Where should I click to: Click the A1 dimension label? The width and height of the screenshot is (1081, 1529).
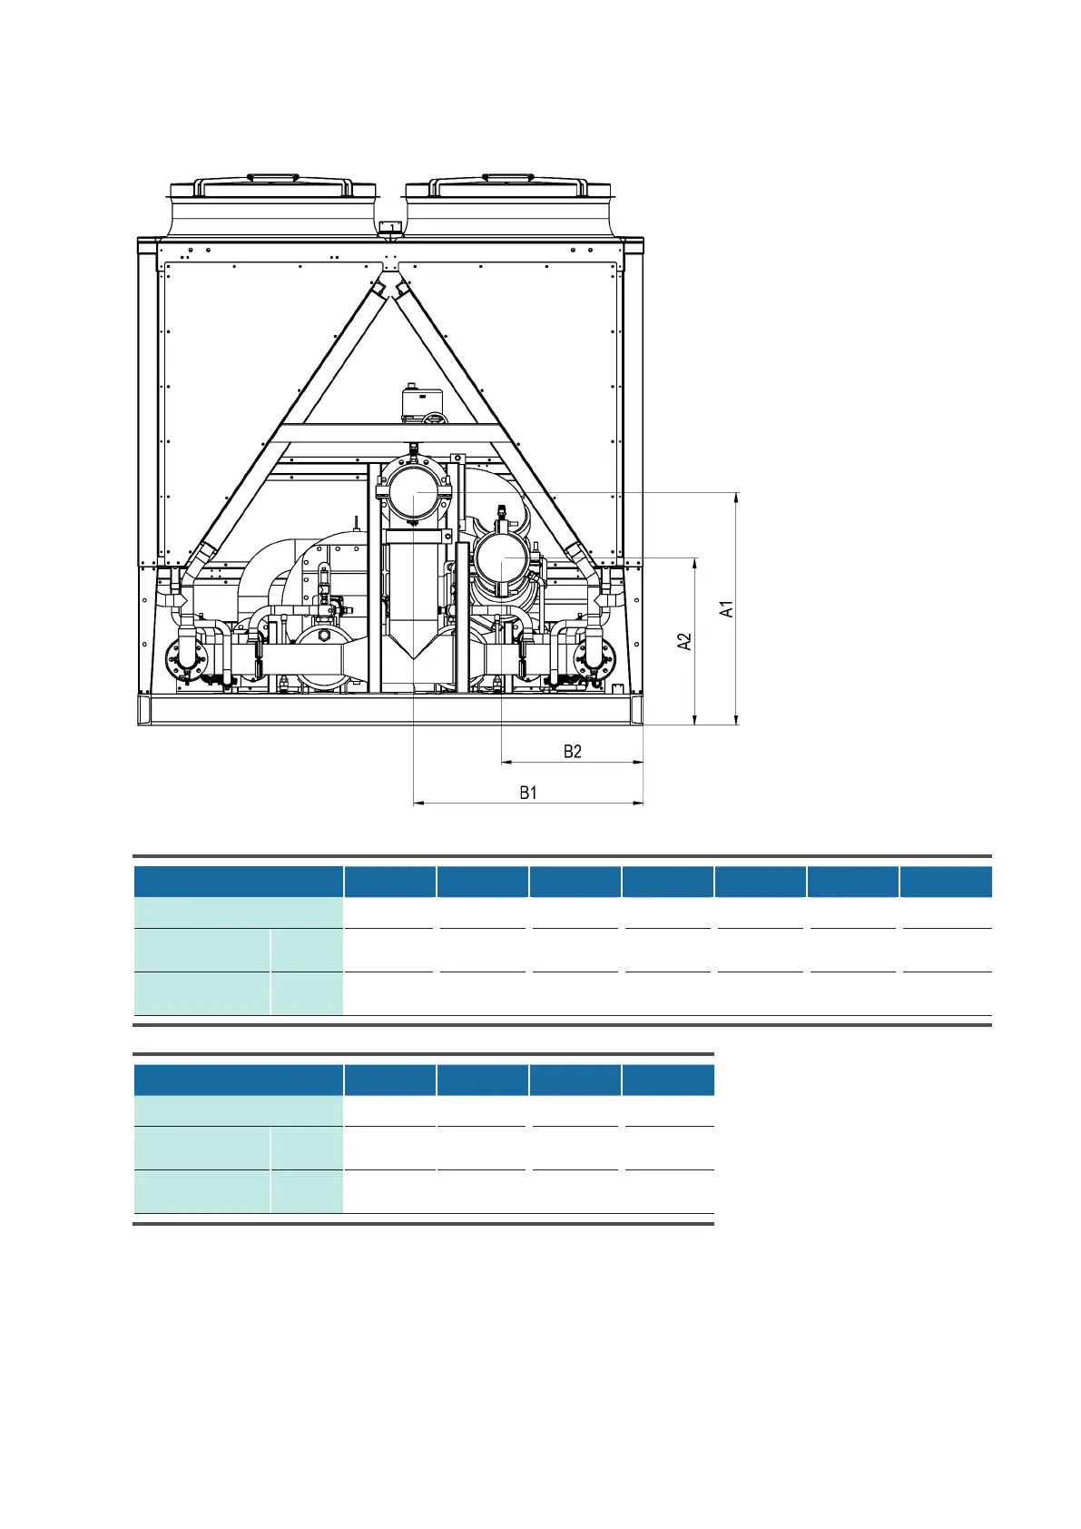point(727,609)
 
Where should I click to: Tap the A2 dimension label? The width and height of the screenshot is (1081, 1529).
point(683,642)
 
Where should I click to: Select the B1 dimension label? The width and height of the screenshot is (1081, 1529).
point(528,793)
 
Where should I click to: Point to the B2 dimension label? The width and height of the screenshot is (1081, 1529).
point(573,752)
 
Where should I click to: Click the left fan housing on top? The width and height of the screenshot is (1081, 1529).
point(272,205)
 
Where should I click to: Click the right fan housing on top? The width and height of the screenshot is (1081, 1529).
point(508,205)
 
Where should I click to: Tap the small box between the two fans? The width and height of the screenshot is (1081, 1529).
point(391,227)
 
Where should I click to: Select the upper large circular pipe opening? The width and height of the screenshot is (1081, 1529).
point(414,491)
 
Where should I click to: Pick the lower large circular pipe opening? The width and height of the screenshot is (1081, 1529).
point(502,559)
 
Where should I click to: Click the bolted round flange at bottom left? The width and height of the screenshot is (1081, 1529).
point(186,658)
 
